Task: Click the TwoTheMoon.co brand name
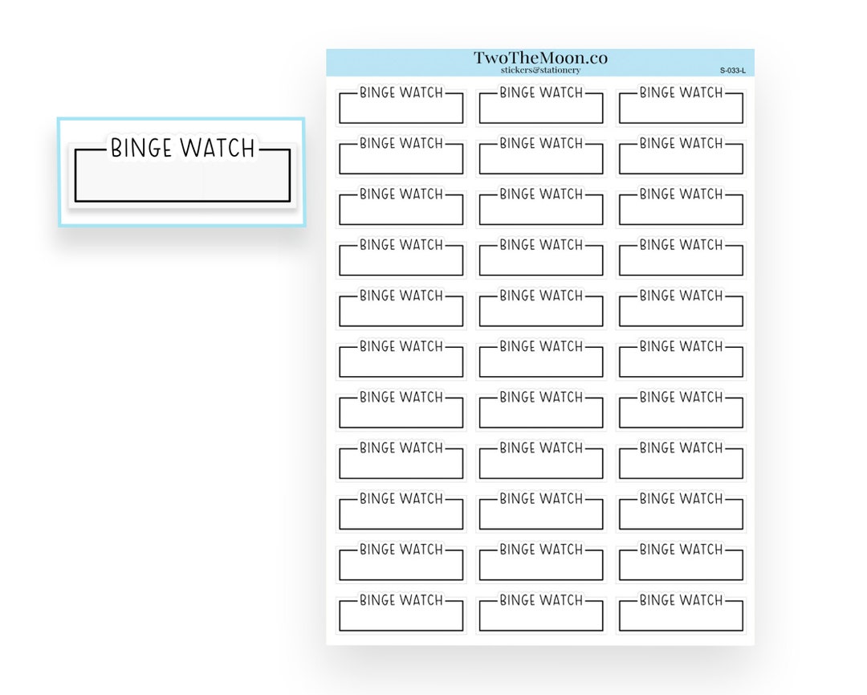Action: (x=540, y=58)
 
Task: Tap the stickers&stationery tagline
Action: (x=540, y=71)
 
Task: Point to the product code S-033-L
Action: (x=732, y=71)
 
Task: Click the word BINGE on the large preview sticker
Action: (x=142, y=149)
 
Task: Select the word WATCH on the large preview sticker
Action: (x=218, y=149)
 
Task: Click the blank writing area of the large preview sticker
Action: (x=182, y=181)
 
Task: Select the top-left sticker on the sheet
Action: (x=401, y=106)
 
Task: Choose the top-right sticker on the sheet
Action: (x=681, y=106)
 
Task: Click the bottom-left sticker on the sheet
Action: (x=401, y=614)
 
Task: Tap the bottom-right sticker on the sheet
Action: (x=681, y=614)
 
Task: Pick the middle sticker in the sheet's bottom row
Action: (x=541, y=614)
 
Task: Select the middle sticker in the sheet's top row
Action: (x=541, y=106)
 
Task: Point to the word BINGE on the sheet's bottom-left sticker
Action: (x=377, y=601)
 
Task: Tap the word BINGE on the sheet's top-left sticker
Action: (x=377, y=93)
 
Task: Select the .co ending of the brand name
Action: (x=595, y=58)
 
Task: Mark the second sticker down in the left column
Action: (x=401, y=157)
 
